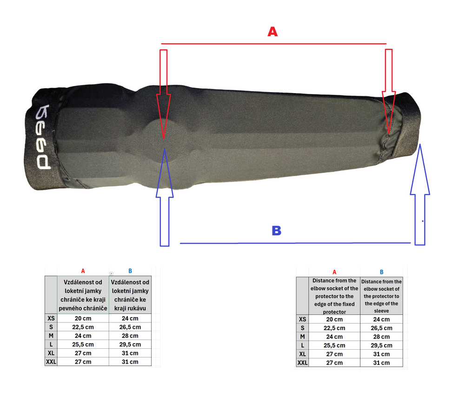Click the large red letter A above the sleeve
click(x=272, y=32)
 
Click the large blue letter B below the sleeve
click(x=276, y=230)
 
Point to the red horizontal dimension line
click(x=274, y=44)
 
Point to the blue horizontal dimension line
click(x=295, y=243)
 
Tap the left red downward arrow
click(x=163, y=94)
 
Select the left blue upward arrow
click(x=165, y=197)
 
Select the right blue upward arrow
click(x=420, y=194)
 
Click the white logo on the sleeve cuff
click(x=43, y=137)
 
